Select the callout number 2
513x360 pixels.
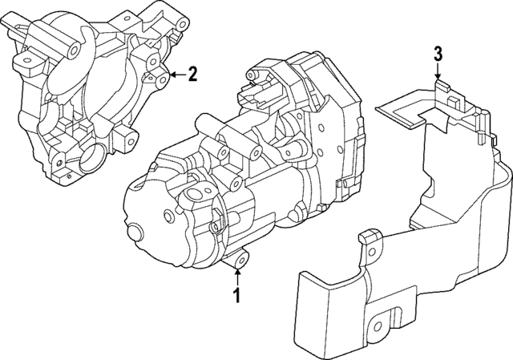(192, 75)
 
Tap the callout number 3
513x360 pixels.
(438, 54)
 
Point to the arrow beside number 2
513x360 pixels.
(176, 75)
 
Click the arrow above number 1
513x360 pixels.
(237, 277)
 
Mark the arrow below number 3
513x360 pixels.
(438, 71)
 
